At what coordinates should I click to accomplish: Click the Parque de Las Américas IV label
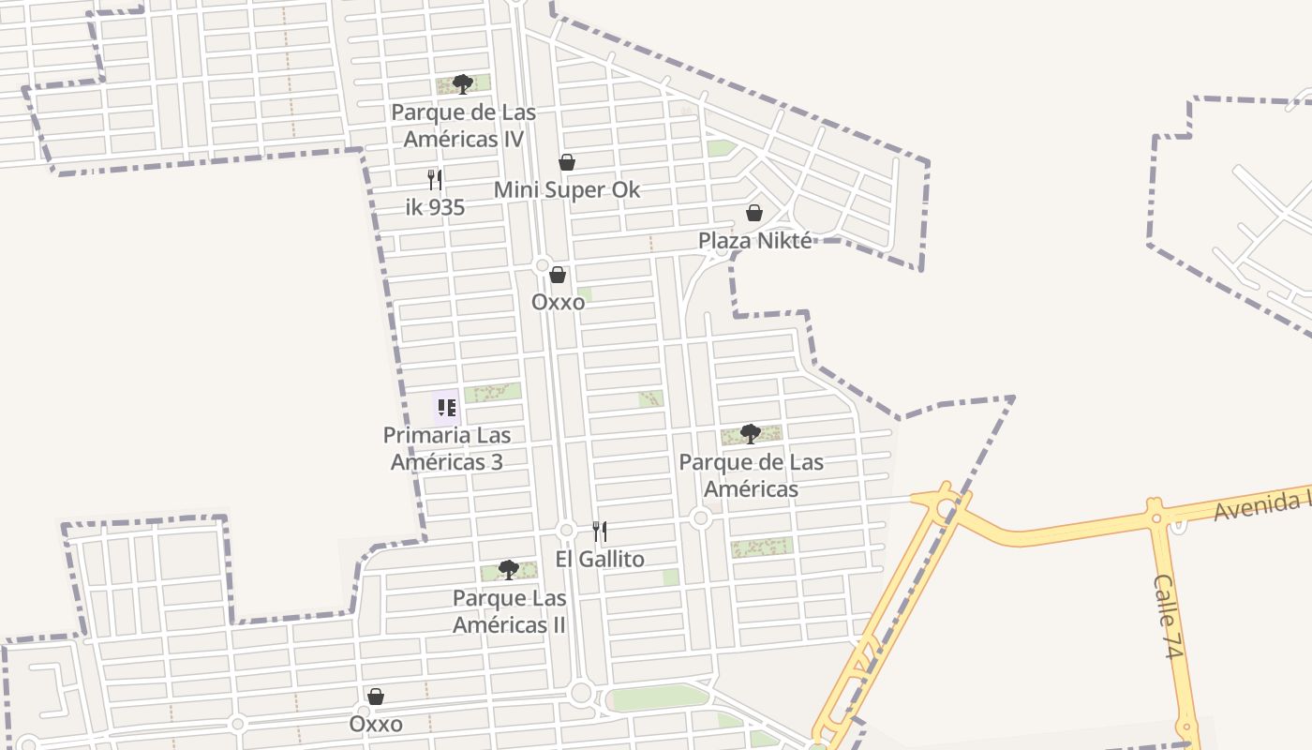coord(463,126)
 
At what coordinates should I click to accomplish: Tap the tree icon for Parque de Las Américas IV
coord(462,84)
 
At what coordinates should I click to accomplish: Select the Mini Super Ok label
coord(566,189)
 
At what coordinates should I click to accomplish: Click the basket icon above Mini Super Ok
coord(566,162)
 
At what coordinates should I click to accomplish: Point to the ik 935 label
coord(435,207)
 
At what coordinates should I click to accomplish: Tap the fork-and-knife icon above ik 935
coord(435,179)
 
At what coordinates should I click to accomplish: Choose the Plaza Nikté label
coord(754,240)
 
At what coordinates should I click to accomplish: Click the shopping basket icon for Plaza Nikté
coord(754,214)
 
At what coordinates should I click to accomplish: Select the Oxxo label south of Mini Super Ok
coord(558,302)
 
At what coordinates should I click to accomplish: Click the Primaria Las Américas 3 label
coord(447,448)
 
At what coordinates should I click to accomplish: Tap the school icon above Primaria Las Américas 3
coord(446,408)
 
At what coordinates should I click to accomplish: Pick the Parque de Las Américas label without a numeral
coord(751,475)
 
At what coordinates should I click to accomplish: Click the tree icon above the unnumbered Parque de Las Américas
coord(750,433)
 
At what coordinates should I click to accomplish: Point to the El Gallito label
coord(600,559)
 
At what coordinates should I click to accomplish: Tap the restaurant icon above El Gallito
coord(600,532)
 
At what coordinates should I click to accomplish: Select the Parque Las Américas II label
coord(509,611)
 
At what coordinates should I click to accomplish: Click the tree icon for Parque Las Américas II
coord(508,569)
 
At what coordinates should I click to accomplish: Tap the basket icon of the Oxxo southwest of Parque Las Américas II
coord(376,697)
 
